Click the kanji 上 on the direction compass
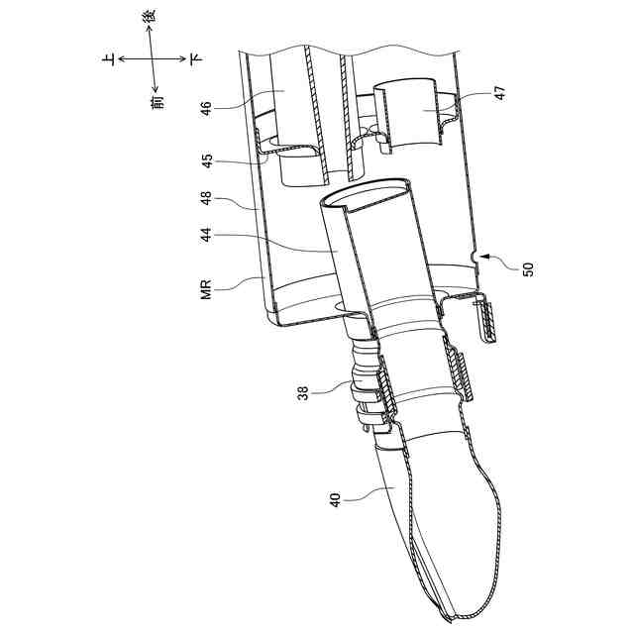point(107,59)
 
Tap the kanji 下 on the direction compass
point(197,59)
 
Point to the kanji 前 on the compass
point(157,98)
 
